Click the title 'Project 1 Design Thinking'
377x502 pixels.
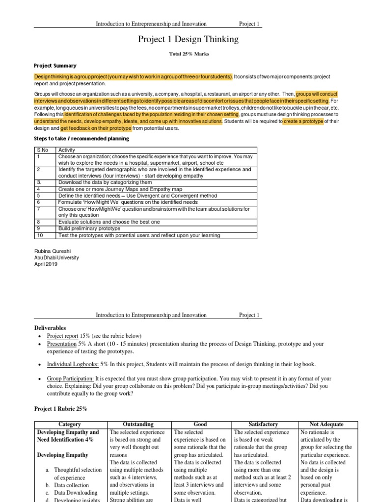[x=189, y=39]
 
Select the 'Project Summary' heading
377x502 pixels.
[x=54, y=65]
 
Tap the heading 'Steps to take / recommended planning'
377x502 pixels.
[x=81, y=139]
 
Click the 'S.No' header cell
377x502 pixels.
[x=43, y=151]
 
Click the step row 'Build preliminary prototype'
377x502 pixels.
[x=89, y=228]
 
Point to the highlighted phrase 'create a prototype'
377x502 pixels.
[x=303, y=121]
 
